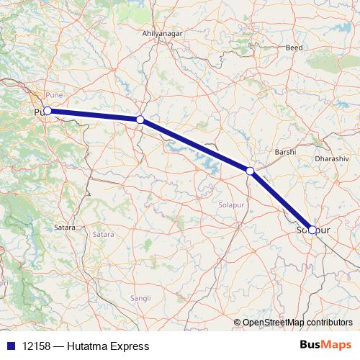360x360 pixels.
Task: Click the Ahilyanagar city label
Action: (x=163, y=34)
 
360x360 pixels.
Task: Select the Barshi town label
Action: (x=286, y=153)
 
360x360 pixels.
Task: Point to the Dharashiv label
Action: (x=332, y=157)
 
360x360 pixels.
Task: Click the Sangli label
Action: (x=140, y=297)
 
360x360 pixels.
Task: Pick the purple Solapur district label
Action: (x=232, y=205)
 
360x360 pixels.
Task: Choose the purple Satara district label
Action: (x=103, y=234)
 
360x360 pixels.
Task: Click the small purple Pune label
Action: (x=54, y=95)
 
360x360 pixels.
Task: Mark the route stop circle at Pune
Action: (x=47, y=111)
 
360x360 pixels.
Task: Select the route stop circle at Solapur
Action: (x=312, y=230)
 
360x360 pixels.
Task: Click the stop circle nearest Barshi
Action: (x=250, y=171)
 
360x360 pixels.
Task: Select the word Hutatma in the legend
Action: (x=89, y=346)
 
